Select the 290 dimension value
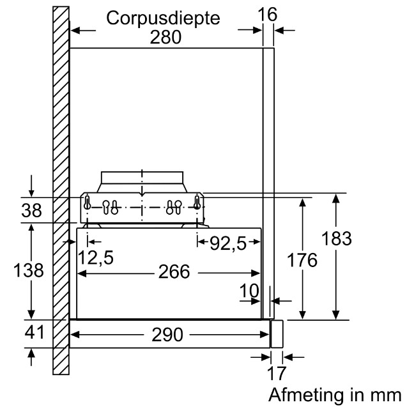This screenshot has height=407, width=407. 168,335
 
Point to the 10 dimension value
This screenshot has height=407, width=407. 250,291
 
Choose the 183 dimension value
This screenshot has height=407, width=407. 337,239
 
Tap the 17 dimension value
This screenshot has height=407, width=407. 276,373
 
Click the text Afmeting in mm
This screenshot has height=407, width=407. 335,394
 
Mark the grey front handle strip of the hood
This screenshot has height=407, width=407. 276,334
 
